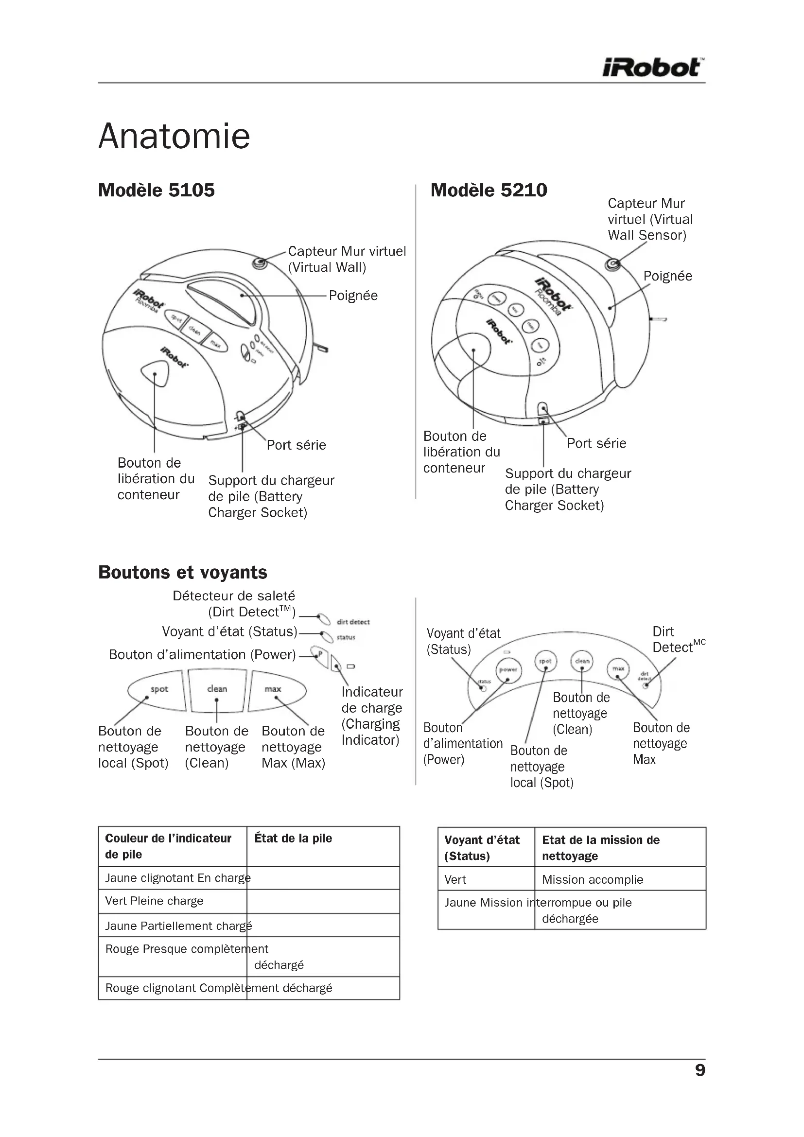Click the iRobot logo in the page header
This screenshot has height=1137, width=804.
point(653,68)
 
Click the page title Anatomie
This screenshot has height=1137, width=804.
point(175,136)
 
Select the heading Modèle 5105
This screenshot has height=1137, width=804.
point(157,190)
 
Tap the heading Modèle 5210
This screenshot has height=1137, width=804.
point(489,190)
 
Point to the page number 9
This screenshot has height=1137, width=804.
point(699,1070)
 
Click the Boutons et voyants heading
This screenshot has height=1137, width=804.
point(183,572)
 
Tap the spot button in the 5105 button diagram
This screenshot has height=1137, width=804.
point(157,690)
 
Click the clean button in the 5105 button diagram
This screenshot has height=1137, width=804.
point(217,690)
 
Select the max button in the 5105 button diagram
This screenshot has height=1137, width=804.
point(275,690)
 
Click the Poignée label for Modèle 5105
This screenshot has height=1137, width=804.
point(353,296)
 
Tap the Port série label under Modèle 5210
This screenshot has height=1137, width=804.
point(596,443)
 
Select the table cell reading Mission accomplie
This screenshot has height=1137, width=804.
point(592,879)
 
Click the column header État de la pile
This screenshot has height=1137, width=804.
point(293,839)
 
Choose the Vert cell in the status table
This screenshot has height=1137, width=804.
point(455,879)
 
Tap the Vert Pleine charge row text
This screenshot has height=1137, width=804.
point(154,901)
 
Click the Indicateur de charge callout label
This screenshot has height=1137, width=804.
point(371,716)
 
